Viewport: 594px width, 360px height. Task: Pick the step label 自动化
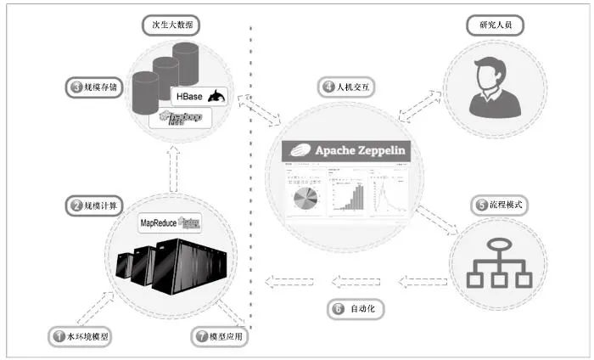(356, 309)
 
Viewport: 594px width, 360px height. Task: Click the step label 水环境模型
(81, 336)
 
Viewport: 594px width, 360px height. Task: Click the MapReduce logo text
(169, 224)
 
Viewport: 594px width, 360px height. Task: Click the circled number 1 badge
(59, 336)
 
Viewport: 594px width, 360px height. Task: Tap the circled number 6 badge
(338, 309)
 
